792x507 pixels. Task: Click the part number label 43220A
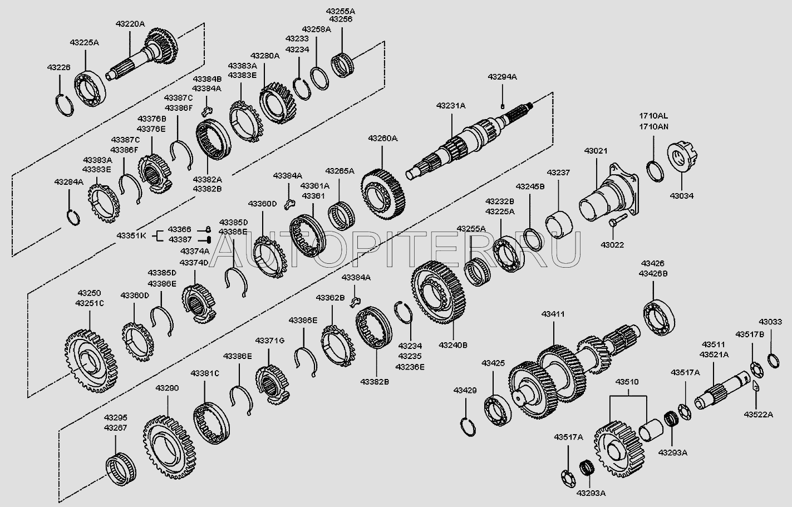pyautogui.click(x=130, y=24)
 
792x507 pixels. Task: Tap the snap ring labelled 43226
pyautogui.click(x=66, y=104)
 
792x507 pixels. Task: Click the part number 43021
pyautogui.click(x=595, y=151)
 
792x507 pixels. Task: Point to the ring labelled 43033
pyautogui.click(x=773, y=361)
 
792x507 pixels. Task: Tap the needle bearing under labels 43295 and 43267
pyautogui.click(x=120, y=466)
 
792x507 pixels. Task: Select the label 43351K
pyautogui.click(x=131, y=235)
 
